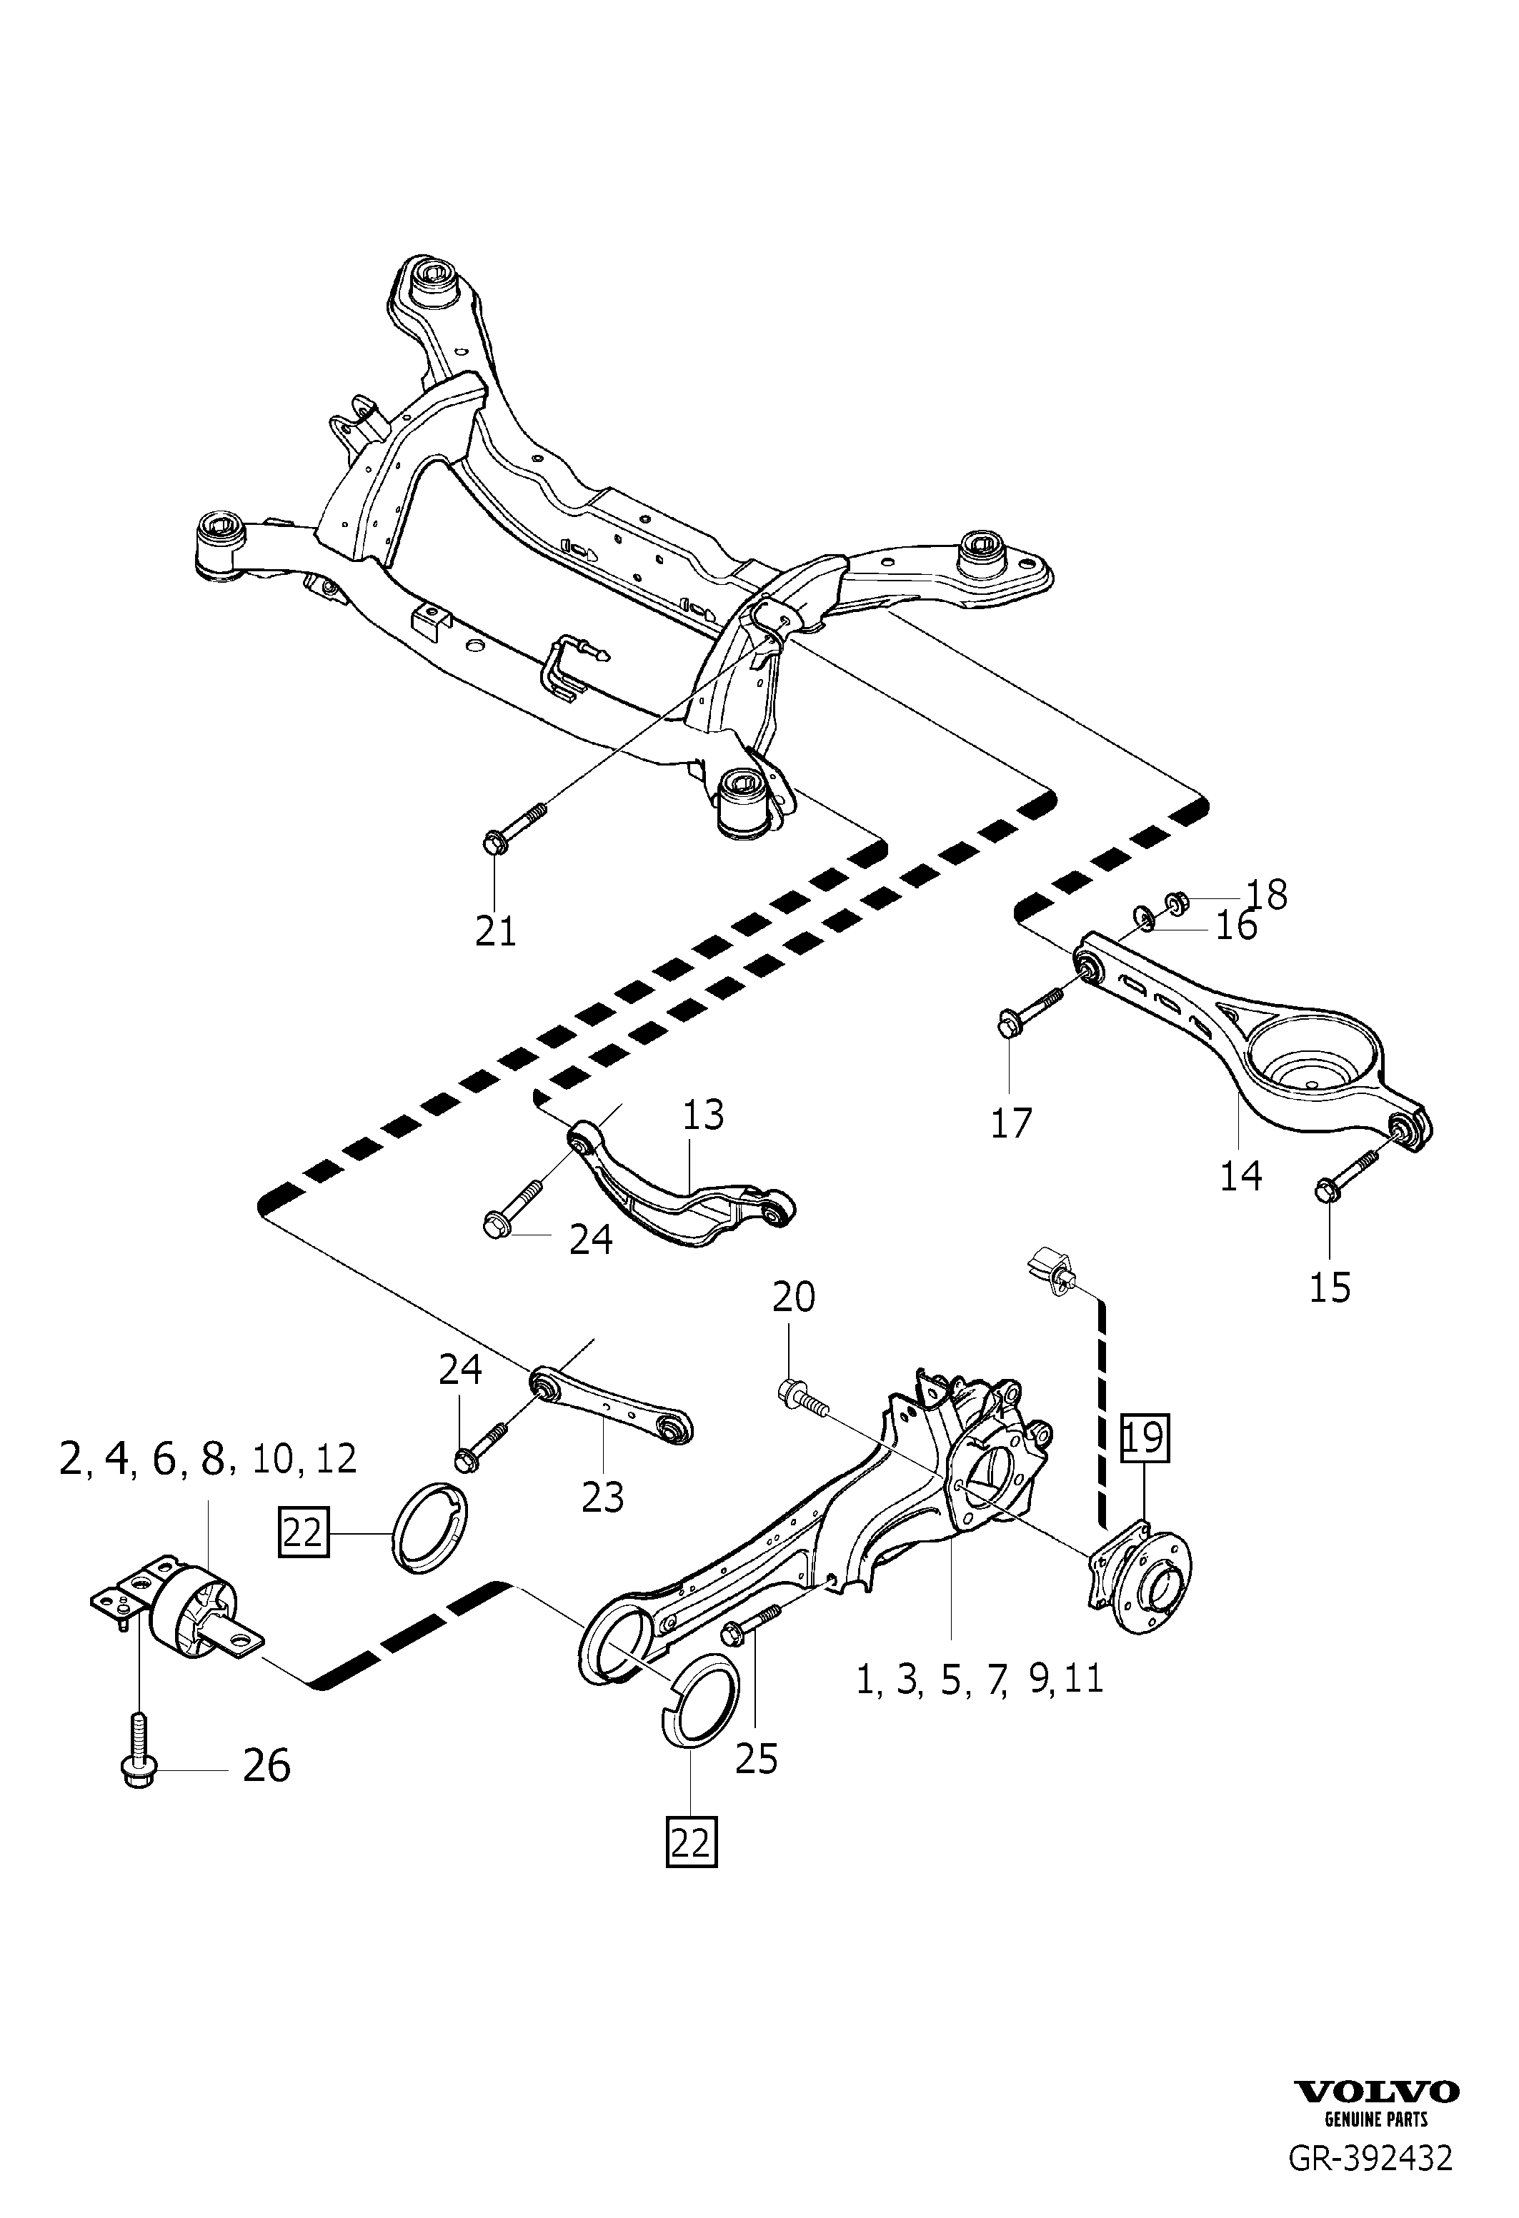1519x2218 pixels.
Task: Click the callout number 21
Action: pyautogui.click(x=496, y=930)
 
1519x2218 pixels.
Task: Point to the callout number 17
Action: pyautogui.click(x=1011, y=1123)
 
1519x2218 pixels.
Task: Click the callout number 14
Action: pyautogui.click(x=1240, y=1176)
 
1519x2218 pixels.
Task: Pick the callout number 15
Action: pyautogui.click(x=1330, y=1288)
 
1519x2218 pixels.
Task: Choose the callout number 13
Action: pyautogui.click(x=704, y=1115)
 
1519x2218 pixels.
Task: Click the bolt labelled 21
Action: pyautogui.click(x=517, y=826)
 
